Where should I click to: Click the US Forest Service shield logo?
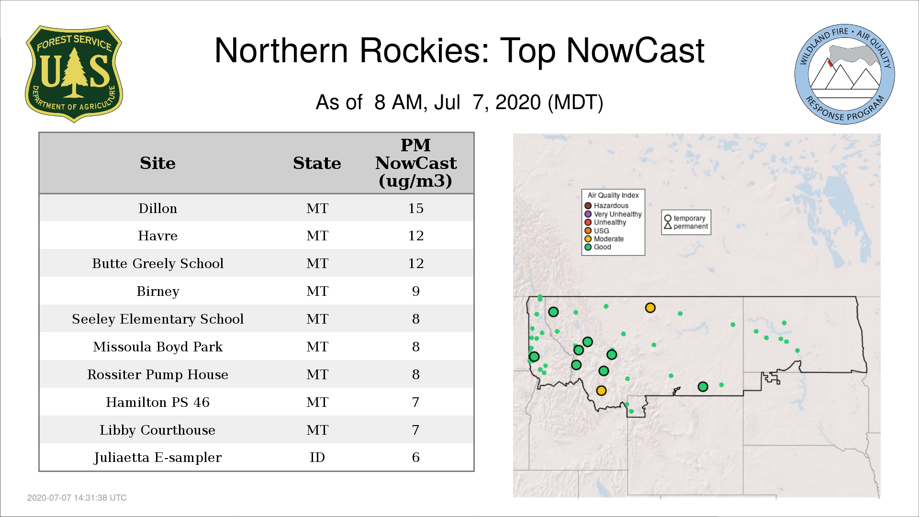pos(74,74)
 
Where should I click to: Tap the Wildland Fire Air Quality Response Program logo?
pos(845,74)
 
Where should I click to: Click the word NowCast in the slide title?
pos(635,50)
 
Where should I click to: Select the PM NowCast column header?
pos(415,163)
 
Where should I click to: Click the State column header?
pos(317,163)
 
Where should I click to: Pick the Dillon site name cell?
pos(157,208)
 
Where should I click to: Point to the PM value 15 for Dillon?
pos(415,208)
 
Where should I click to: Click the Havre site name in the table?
pos(157,236)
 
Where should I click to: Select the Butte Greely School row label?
pos(157,263)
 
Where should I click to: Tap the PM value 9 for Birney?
pos(415,291)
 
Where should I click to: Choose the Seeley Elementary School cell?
pos(157,319)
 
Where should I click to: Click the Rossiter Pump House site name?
pos(157,374)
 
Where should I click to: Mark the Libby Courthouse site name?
pos(157,430)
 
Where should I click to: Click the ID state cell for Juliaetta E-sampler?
pos(317,457)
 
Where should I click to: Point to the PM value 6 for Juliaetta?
pos(415,457)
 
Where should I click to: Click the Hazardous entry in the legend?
pos(606,206)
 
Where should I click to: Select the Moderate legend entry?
pos(604,239)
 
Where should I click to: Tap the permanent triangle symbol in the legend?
pos(668,225)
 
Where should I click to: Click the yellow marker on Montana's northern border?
pos(650,308)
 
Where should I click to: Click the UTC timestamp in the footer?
pos(77,498)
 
